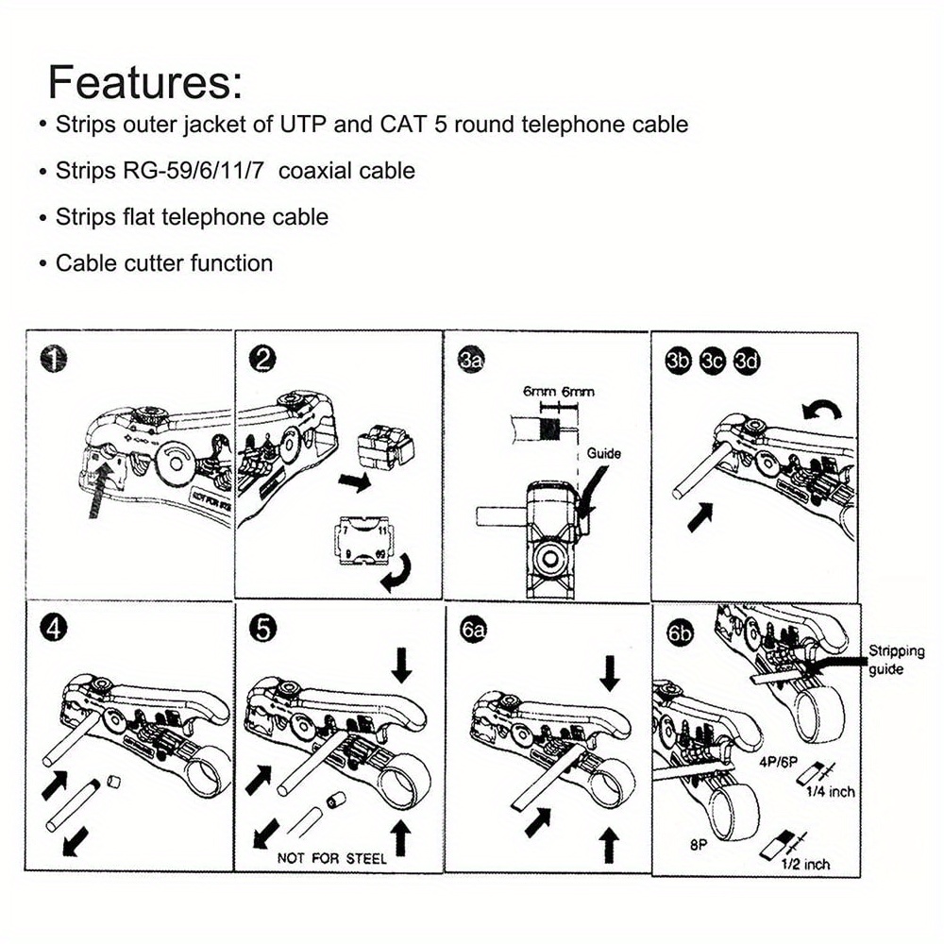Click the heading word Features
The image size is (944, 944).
pyautogui.click(x=144, y=82)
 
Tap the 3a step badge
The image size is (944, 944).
pyautogui.click(x=472, y=360)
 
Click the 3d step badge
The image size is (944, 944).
pyautogui.click(x=748, y=360)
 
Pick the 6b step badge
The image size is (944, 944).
pyautogui.click(x=680, y=632)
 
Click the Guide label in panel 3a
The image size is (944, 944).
pyautogui.click(x=603, y=453)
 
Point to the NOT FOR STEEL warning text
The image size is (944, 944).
pyautogui.click(x=331, y=858)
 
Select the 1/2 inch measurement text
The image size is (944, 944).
pyautogui.click(x=804, y=863)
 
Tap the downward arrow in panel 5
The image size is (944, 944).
pyautogui.click(x=402, y=666)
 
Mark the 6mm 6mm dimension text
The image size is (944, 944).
pyautogui.click(x=559, y=391)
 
